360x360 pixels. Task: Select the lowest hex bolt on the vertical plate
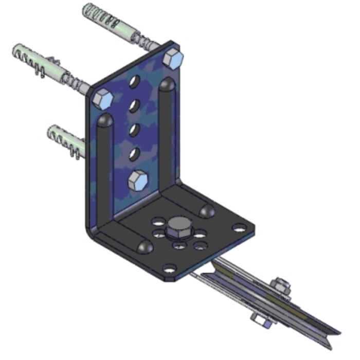point(137,181)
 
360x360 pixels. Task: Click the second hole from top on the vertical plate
point(135,105)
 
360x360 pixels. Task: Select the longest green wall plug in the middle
point(36,59)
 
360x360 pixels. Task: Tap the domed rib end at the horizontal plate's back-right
point(207,210)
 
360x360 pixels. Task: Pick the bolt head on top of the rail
point(280,284)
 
